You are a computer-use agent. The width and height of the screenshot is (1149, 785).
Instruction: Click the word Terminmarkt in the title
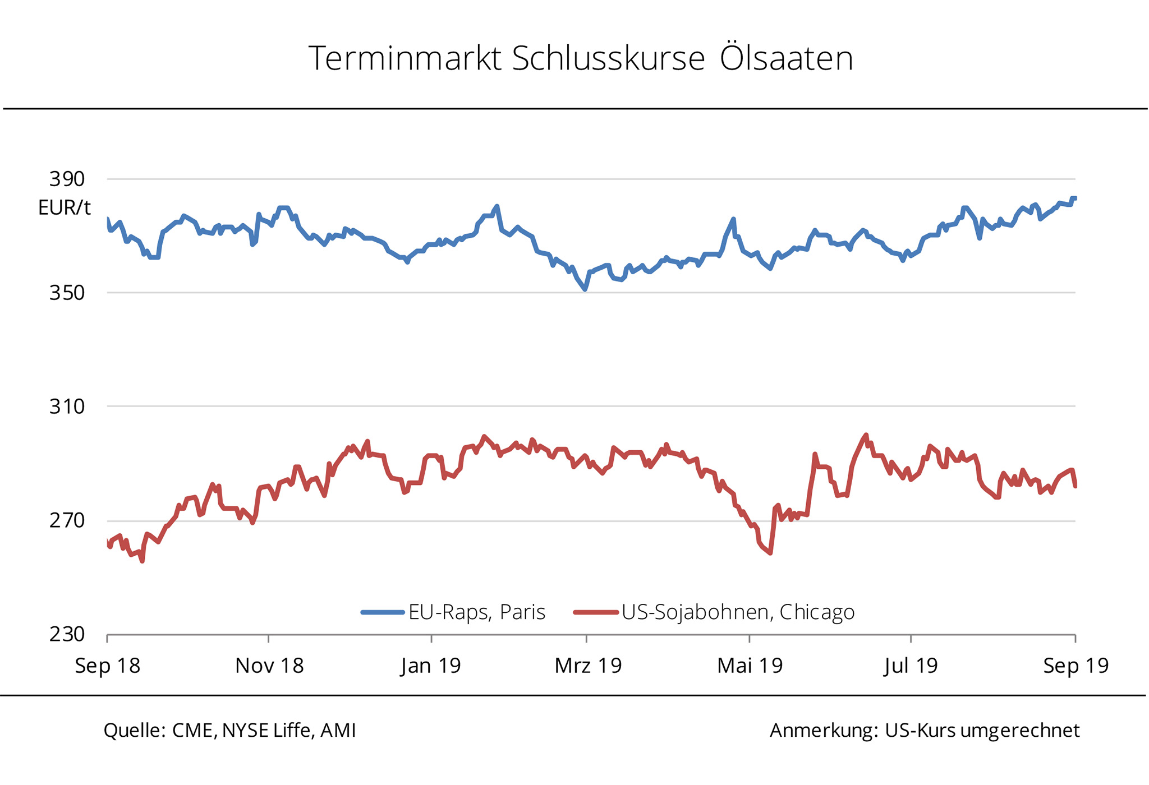tap(405, 58)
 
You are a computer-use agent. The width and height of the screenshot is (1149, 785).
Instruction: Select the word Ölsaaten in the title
tap(786, 58)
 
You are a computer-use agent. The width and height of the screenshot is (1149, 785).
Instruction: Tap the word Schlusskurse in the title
tap(608, 58)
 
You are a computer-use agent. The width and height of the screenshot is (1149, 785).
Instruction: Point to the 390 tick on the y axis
tap(67, 179)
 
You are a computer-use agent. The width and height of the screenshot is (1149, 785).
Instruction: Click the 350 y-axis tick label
tap(67, 293)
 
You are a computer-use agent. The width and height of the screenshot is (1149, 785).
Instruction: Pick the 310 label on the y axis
tap(67, 407)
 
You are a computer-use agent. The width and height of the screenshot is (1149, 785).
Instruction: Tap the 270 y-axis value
tap(67, 521)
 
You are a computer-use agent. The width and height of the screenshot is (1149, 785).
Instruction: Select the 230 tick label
tap(67, 634)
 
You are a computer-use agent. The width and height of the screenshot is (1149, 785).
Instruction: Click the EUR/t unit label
tap(64, 208)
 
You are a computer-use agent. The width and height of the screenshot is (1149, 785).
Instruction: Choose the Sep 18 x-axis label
tap(107, 666)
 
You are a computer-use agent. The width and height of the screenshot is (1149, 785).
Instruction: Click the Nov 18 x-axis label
tap(269, 666)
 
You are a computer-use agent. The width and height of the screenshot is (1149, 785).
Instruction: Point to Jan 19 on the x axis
tap(431, 666)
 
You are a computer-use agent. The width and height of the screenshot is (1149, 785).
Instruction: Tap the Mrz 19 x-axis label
tap(588, 666)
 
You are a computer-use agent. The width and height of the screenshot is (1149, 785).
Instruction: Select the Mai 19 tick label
tap(750, 666)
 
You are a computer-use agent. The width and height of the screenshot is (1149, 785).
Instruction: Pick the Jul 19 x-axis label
tap(911, 666)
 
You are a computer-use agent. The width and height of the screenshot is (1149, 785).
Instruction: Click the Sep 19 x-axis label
tap(1076, 666)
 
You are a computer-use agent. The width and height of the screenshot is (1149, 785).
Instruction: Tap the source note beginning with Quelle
tap(229, 730)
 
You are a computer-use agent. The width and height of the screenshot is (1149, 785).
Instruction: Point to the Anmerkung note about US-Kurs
tap(924, 730)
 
